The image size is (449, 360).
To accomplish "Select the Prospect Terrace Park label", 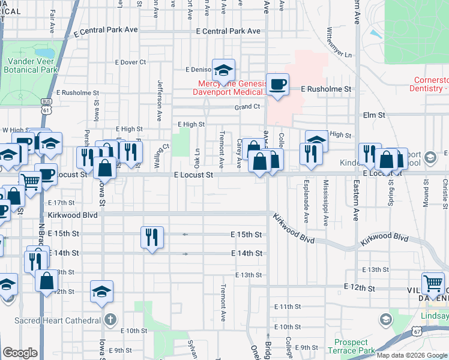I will click(352, 346).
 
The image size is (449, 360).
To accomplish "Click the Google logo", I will click(20, 353).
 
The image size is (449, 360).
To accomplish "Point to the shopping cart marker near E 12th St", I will click(433, 283).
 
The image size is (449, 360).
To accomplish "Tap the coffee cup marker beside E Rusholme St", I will click(277, 84).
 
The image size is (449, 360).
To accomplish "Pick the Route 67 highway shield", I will click(425, 331).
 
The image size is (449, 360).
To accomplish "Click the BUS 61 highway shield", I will click(47, 106).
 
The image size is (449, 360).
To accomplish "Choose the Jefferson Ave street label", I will click(160, 99).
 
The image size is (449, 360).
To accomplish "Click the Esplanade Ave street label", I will click(306, 197).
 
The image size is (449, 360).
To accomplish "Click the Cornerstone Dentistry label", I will click(430, 84).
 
